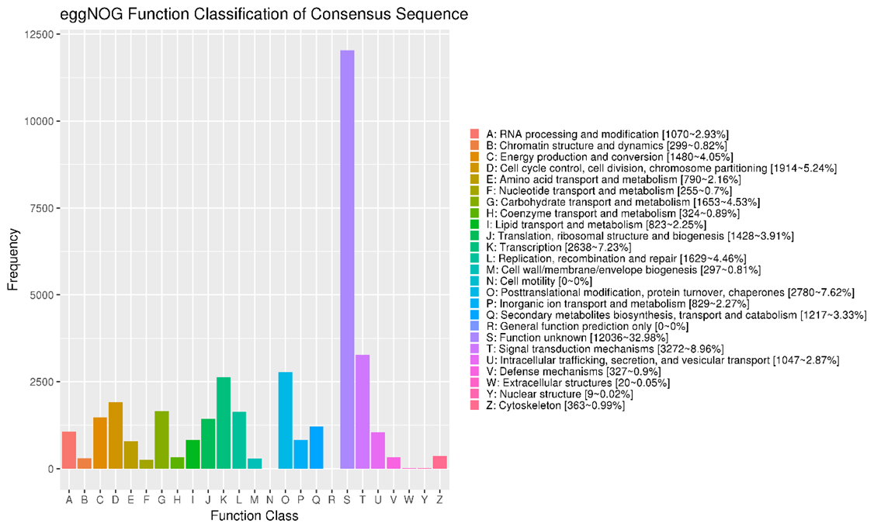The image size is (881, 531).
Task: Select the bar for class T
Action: (362, 411)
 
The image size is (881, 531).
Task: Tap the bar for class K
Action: (224, 423)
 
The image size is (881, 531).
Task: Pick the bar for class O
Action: (286, 420)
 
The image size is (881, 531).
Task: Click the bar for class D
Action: (116, 436)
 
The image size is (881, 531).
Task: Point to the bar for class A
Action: (69, 450)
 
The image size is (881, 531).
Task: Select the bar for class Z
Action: (439, 463)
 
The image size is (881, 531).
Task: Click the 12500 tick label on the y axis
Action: (36, 35)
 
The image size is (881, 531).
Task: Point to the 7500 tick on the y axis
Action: (40, 208)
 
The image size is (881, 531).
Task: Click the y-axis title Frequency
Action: (12, 252)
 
